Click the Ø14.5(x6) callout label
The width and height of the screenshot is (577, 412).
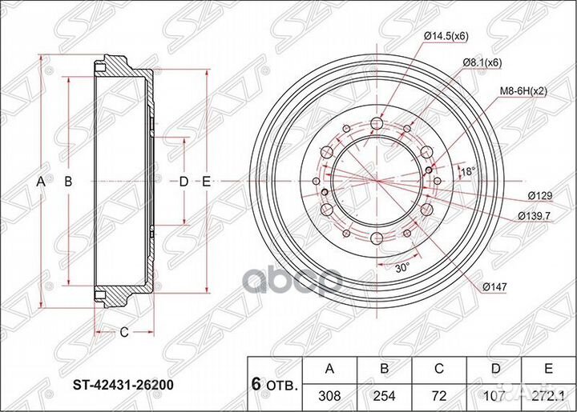click(446, 36)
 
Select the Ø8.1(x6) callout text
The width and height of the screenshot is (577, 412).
click(482, 62)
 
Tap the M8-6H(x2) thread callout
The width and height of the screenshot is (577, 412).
click(523, 91)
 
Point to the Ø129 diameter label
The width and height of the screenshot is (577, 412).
click(540, 196)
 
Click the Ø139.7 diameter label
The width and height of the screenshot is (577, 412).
click(534, 216)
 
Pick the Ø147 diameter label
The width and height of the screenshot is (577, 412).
click(495, 287)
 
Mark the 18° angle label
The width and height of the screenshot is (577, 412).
click(469, 170)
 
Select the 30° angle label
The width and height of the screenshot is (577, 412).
click(402, 267)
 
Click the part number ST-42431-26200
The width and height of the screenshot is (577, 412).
click(123, 385)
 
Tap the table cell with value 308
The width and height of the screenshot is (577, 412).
click(329, 395)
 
